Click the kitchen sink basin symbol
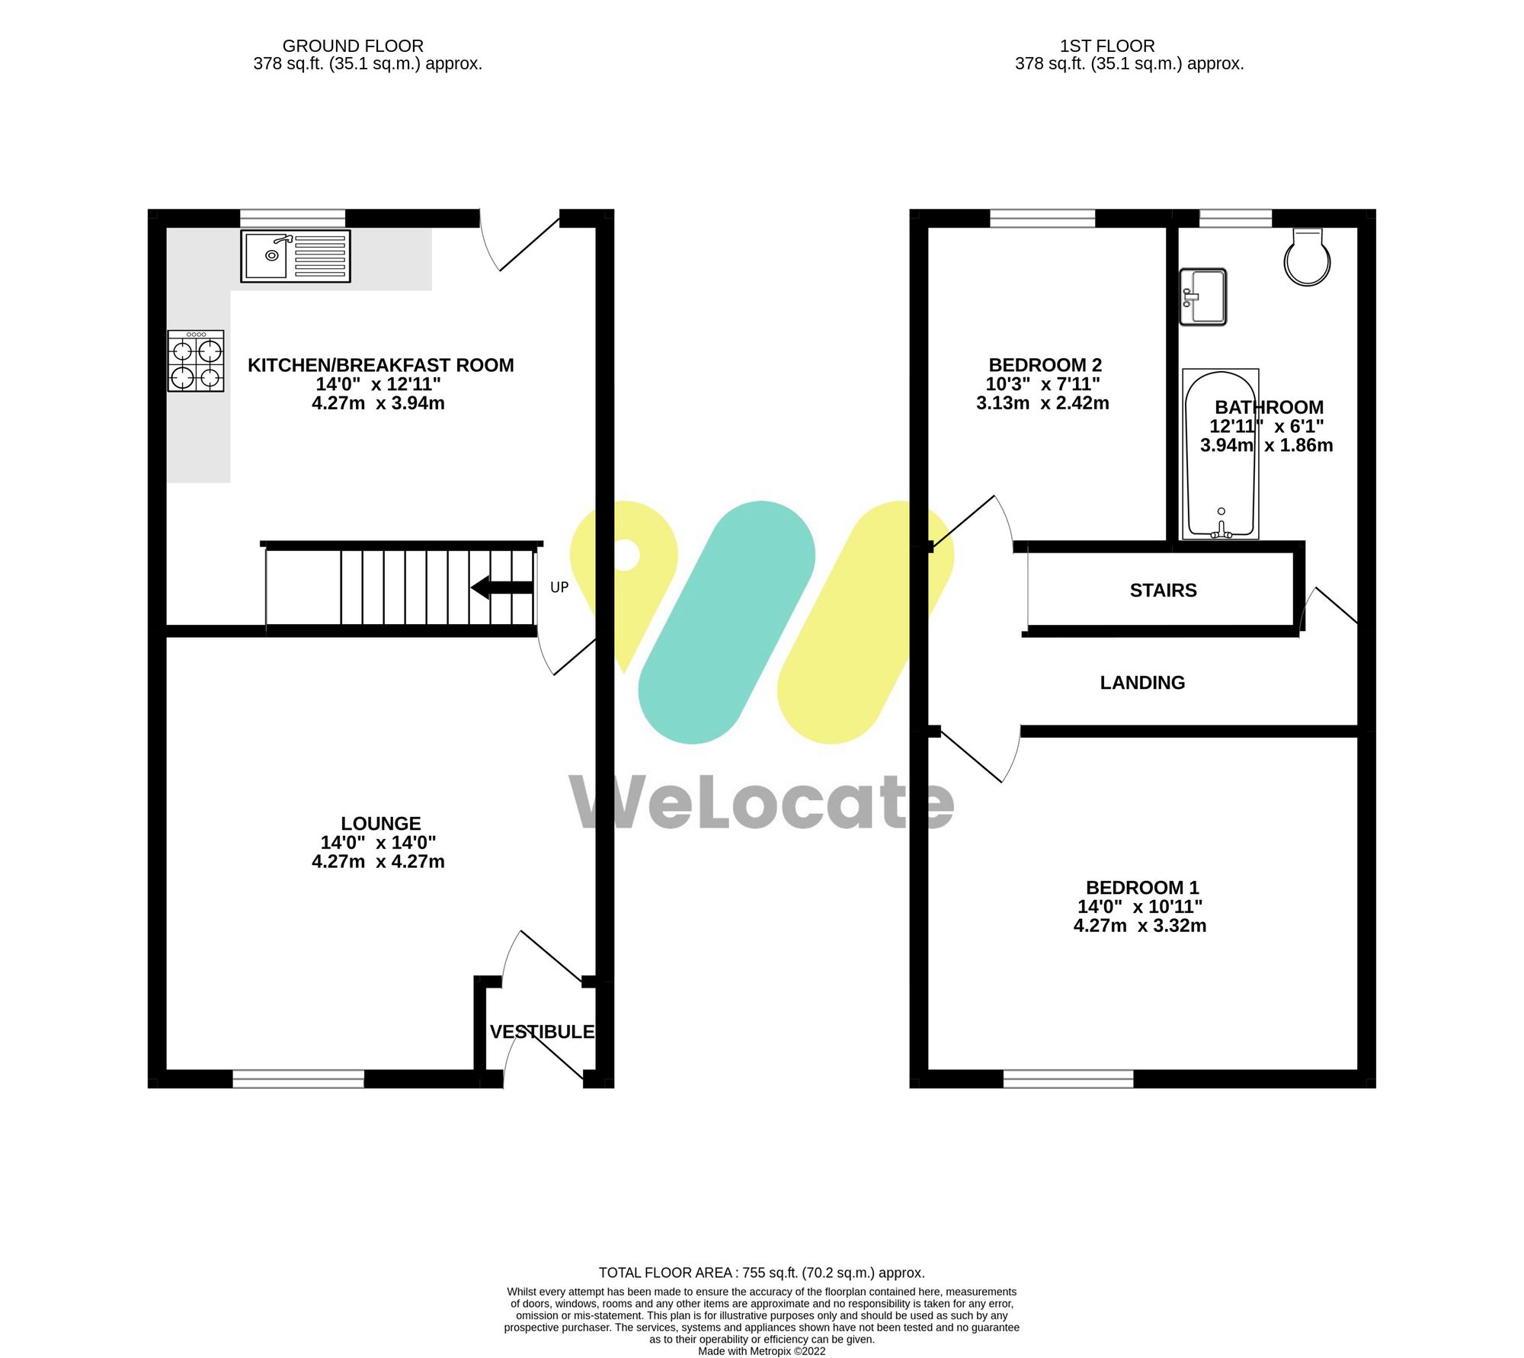(x=271, y=256)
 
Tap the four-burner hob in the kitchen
(x=196, y=361)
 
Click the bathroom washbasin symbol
(x=1203, y=296)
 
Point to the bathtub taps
(x=1221, y=531)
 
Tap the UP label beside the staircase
(x=559, y=588)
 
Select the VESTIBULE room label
(x=542, y=1032)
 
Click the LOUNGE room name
(x=380, y=824)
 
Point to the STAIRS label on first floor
(x=1163, y=591)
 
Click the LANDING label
(x=1142, y=683)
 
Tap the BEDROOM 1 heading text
(x=1141, y=888)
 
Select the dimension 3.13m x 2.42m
(x=1042, y=403)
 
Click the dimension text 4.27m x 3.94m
(x=378, y=403)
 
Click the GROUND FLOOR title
(x=353, y=46)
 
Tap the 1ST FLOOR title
(x=1107, y=46)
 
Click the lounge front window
(x=298, y=1078)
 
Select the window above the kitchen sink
(x=293, y=218)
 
